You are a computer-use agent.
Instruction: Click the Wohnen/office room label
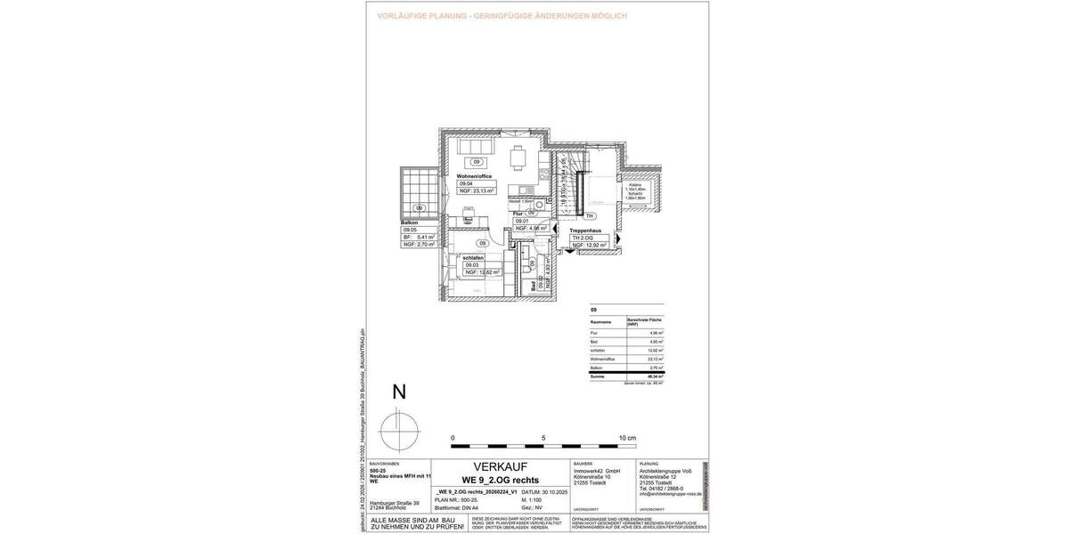474,176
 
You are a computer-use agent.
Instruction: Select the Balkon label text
410,222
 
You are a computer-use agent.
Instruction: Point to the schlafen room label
472,257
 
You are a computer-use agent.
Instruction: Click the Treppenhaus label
585,231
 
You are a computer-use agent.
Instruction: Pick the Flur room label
518,214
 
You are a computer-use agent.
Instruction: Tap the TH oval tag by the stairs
589,216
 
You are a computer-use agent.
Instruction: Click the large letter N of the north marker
399,392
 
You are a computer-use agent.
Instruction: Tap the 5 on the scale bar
543,439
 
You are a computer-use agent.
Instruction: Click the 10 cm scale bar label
627,439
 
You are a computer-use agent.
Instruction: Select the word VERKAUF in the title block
500,466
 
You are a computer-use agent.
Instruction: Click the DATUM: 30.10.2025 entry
543,491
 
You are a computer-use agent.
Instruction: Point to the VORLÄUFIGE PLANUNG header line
502,16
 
